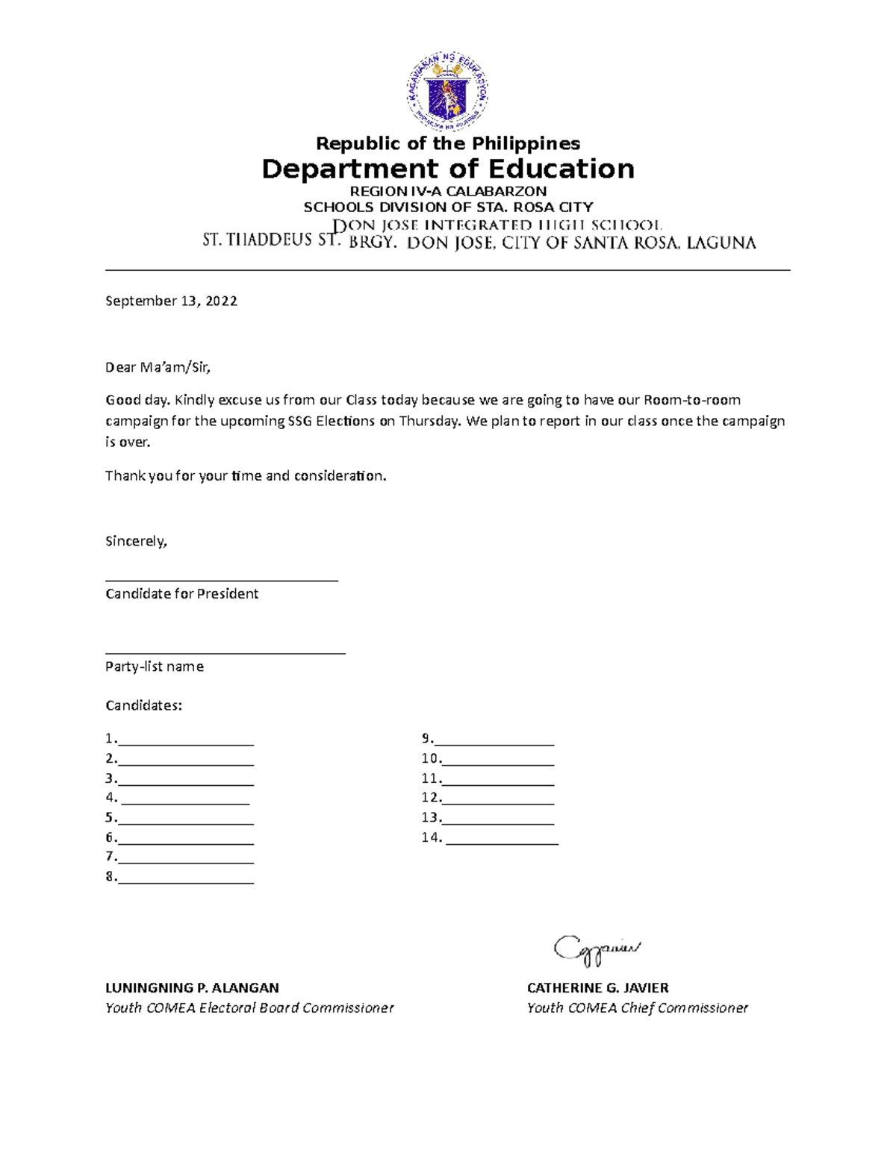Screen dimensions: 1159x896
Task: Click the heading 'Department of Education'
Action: (x=448, y=169)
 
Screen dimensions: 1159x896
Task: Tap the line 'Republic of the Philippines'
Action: (x=448, y=143)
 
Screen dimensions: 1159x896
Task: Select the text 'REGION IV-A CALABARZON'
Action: (x=448, y=191)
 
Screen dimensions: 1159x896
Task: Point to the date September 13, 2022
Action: (x=171, y=301)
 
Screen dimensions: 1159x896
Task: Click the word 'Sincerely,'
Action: (x=136, y=541)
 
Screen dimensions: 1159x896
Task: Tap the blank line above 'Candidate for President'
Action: (x=222, y=578)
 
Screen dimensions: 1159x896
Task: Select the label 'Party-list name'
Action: (x=154, y=666)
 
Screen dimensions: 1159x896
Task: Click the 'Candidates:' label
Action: (x=143, y=705)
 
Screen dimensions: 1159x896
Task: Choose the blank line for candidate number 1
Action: (x=186, y=743)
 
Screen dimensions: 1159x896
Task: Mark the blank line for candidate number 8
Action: (x=186, y=881)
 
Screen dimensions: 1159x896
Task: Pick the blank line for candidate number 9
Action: (x=494, y=743)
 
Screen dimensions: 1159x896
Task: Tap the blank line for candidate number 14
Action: (x=502, y=842)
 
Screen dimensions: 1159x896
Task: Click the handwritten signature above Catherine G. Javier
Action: (x=597, y=949)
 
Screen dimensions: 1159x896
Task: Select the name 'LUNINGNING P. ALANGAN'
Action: (x=192, y=988)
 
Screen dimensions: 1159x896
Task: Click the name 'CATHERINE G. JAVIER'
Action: (x=597, y=988)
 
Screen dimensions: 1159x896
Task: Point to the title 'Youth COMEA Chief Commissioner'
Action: (x=637, y=1008)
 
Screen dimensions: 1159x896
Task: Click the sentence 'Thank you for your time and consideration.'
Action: (x=246, y=475)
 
